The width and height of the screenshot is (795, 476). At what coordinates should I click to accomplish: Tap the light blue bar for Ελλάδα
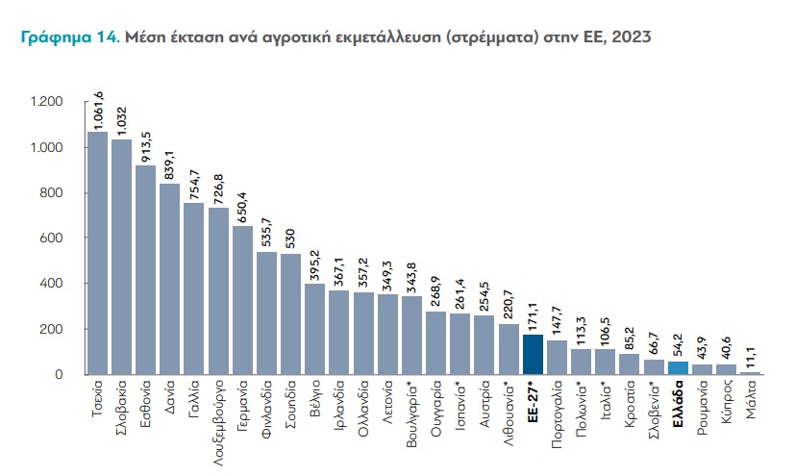pos(679,367)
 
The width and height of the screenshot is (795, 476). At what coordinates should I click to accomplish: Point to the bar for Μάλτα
pos(751,372)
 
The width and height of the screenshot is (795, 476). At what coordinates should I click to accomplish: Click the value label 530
pos(291,238)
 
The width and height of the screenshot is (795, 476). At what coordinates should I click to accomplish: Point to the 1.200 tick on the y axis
pos(46,102)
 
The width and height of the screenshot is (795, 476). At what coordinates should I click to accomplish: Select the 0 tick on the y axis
pos(58,374)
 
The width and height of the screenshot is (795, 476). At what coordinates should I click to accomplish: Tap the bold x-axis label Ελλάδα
pos(679,403)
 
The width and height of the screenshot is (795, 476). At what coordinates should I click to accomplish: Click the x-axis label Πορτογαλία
pos(558,413)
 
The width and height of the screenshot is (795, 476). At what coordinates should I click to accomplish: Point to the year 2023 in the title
pos(631,38)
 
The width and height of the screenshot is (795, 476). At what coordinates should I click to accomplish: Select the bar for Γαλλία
pos(194,288)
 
